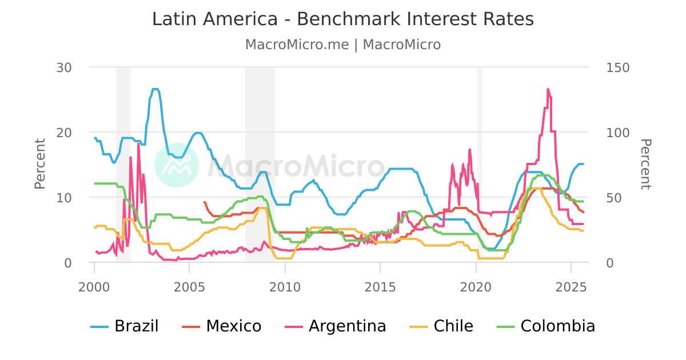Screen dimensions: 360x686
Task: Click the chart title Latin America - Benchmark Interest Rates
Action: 343,19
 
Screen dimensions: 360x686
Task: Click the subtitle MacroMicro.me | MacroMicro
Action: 343,45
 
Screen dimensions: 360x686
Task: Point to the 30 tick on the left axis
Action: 63,67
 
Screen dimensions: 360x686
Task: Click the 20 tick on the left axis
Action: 63,133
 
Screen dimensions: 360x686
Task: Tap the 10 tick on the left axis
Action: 63,198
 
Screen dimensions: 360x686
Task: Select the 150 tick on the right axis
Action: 617,67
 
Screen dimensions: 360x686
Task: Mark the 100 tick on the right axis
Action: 617,133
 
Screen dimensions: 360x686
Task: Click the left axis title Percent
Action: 40,164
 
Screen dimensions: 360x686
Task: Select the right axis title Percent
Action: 645,164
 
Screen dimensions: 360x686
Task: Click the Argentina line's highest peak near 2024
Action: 548,89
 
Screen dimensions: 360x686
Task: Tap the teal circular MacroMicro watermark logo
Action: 177,165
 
